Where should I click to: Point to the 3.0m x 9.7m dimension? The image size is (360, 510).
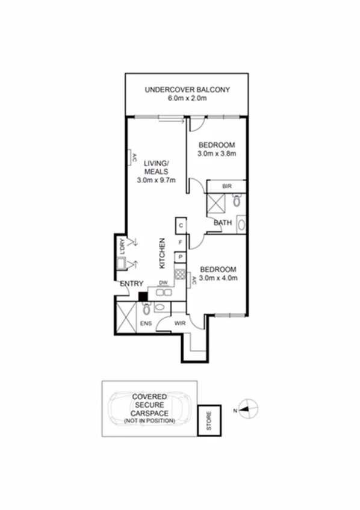coord(156,179)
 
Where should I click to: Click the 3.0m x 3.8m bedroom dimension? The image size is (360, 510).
coord(216,154)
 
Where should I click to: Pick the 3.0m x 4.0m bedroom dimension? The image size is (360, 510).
coord(219,278)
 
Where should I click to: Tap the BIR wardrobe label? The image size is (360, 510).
coord(227,187)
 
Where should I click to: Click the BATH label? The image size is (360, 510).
coord(223,224)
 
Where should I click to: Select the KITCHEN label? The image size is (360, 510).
coord(162,253)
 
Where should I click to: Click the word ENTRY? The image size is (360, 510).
coord(131,284)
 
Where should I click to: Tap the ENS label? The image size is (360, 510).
coord(146,324)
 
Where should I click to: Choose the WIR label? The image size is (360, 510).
coord(179,324)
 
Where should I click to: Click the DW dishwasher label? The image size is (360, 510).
coord(163,282)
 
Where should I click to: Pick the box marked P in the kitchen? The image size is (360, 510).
coord(180,257)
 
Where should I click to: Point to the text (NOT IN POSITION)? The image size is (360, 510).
coord(150,421)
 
